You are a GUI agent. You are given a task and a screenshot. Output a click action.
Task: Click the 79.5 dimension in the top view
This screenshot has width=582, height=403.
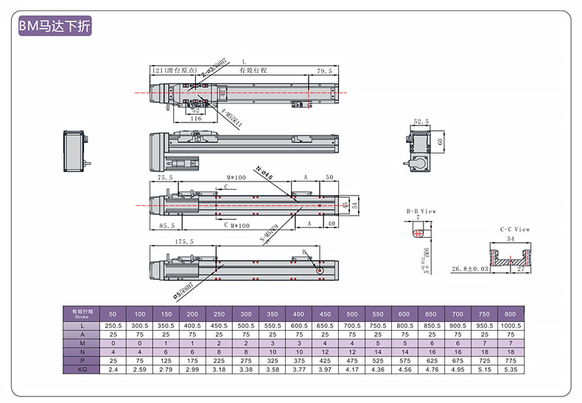pyautogui.click(x=325, y=71)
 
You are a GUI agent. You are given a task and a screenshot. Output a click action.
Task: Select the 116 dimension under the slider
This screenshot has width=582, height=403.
pyautogui.click(x=195, y=118)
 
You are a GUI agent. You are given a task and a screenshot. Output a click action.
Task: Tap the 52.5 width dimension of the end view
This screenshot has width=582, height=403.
pyautogui.click(x=421, y=122)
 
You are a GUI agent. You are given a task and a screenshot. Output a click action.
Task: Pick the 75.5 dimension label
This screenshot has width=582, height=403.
pyautogui.click(x=166, y=178)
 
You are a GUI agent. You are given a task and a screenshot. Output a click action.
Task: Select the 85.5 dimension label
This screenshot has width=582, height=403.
pyautogui.click(x=168, y=225)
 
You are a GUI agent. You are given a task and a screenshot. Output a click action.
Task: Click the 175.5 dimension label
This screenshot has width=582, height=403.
pyautogui.click(x=184, y=242)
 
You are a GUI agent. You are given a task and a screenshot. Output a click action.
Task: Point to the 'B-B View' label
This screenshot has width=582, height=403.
pyautogui.click(x=421, y=211)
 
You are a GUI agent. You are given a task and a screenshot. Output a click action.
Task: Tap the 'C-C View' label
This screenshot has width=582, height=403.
pyautogui.click(x=515, y=230)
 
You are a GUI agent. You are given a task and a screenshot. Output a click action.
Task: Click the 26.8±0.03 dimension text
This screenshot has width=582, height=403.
pyautogui.click(x=469, y=269)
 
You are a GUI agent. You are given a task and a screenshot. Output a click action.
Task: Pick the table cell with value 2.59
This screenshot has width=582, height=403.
pyautogui.click(x=140, y=369)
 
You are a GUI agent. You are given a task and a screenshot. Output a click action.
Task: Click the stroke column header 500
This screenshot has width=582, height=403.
pyautogui.click(x=352, y=312)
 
